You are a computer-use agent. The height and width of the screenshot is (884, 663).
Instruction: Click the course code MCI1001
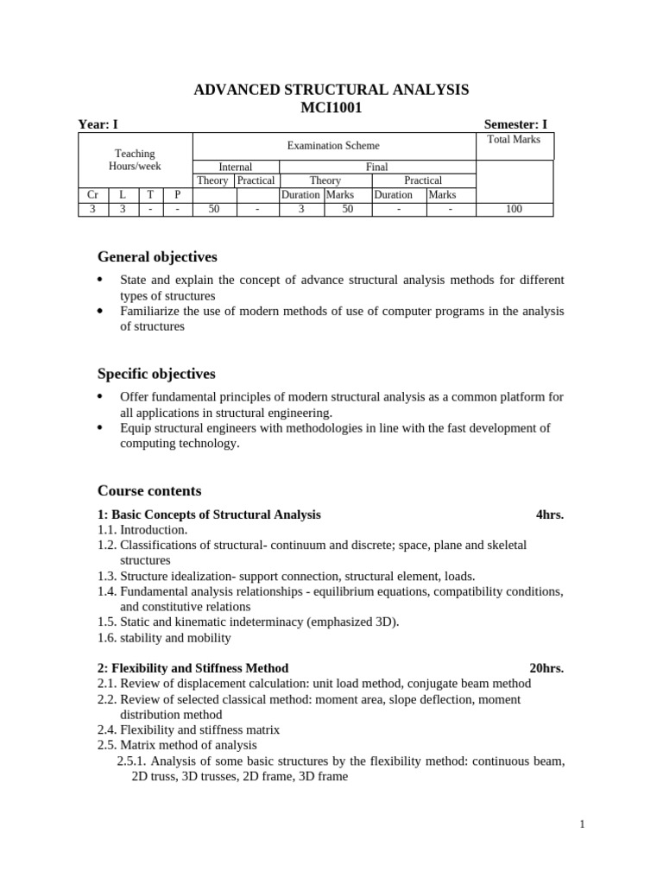331,108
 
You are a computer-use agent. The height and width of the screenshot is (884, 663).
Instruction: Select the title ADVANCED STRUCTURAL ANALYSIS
331,90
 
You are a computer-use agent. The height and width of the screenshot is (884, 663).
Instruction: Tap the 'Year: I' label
98,124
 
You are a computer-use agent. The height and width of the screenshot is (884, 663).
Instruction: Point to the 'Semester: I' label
515,124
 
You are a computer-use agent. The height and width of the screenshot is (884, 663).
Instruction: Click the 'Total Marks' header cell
514,140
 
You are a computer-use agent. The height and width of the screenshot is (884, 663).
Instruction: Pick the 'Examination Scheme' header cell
333,146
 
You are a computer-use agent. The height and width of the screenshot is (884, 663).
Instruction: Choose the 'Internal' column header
235,167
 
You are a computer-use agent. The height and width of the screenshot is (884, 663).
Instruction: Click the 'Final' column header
377,167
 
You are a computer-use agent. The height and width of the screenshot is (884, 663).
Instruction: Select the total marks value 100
514,208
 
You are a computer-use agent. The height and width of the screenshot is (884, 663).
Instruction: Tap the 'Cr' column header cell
92,194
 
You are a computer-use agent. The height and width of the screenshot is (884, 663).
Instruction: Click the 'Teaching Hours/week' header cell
135,160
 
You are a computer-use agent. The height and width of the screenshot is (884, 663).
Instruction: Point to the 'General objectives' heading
157,257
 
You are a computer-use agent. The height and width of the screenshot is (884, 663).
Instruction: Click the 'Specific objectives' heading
156,374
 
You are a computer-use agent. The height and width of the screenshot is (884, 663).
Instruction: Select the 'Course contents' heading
149,490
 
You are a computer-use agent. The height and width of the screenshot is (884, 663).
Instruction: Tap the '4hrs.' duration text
549,515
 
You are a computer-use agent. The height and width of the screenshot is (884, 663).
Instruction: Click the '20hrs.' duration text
546,668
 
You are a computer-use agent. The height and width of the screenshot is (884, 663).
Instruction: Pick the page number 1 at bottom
583,824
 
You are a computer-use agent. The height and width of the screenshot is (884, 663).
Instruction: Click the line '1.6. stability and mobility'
164,638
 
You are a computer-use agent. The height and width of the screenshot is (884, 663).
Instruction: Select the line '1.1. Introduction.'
142,530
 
